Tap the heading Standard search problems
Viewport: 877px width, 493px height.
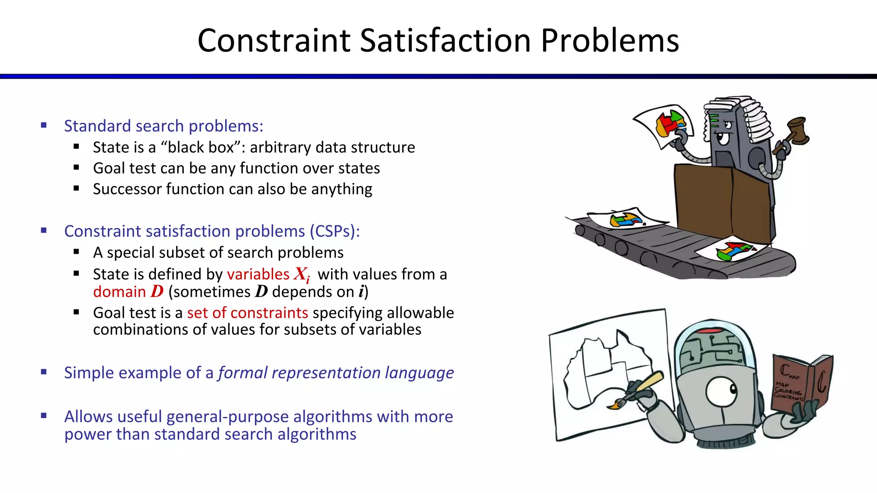pyautogui.click(x=163, y=126)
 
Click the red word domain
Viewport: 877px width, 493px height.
pyautogui.click(x=119, y=292)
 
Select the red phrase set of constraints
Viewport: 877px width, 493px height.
pyautogui.click(x=248, y=313)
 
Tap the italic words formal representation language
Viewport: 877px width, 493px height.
pyautogui.click(x=336, y=373)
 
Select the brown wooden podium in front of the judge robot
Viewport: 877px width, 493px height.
pyautogui.click(x=724, y=201)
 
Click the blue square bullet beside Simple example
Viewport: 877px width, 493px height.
pyautogui.click(x=44, y=372)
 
